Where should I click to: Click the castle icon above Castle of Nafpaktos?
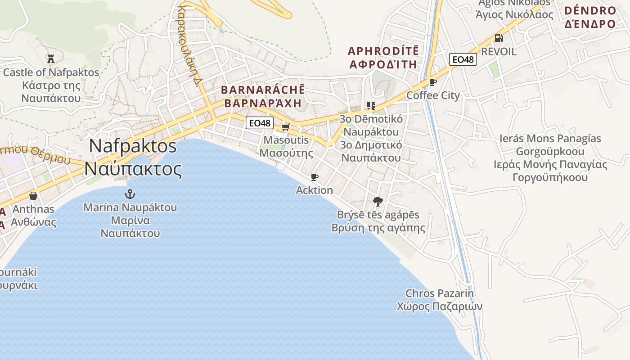[50, 58]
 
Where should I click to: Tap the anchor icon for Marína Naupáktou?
[130, 194]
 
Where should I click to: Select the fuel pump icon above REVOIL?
[499, 38]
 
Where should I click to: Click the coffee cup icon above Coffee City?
[433, 82]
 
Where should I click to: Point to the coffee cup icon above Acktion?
[315, 177]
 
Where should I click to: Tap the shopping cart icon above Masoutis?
[285, 127]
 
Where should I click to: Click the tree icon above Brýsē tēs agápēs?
[378, 201]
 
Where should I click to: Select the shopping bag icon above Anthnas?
[33, 196]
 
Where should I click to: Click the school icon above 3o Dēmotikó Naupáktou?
[371, 106]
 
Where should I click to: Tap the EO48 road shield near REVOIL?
[463, 59]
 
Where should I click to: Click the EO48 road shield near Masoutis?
[260, 122]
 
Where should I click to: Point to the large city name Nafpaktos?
[133, 146]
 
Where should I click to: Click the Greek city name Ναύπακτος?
[133, 169]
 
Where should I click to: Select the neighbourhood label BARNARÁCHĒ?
[263, 90]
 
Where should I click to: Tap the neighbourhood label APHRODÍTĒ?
[383, 50]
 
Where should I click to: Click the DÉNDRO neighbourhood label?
[589, 10]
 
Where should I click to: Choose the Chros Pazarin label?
[439, 293]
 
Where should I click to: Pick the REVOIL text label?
[499, 52]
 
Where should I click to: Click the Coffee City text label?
[433, 95]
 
